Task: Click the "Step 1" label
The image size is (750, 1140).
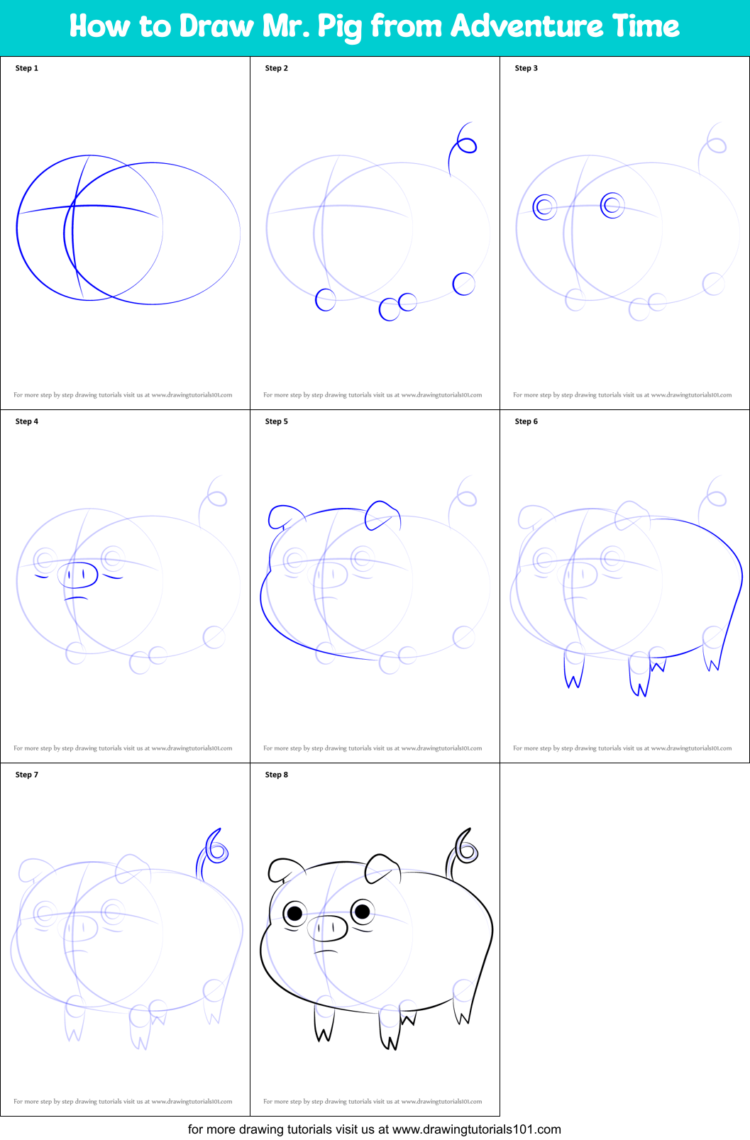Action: point(27,68)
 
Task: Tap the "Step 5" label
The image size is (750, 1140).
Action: point(276,421)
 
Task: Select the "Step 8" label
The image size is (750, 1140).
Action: point(276,775)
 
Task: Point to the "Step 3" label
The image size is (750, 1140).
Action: point(526,68)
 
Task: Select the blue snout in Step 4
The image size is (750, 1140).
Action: point(80,575)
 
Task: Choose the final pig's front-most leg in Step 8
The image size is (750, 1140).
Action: point(324,1025)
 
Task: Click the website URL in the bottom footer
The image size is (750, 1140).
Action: point(476,1129)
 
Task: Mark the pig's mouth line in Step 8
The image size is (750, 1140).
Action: point(326,951)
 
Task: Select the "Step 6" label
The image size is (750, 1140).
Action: point(526,421)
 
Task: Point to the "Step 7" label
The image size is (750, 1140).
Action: point(27,775)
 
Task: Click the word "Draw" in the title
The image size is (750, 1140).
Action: point(216,26)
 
